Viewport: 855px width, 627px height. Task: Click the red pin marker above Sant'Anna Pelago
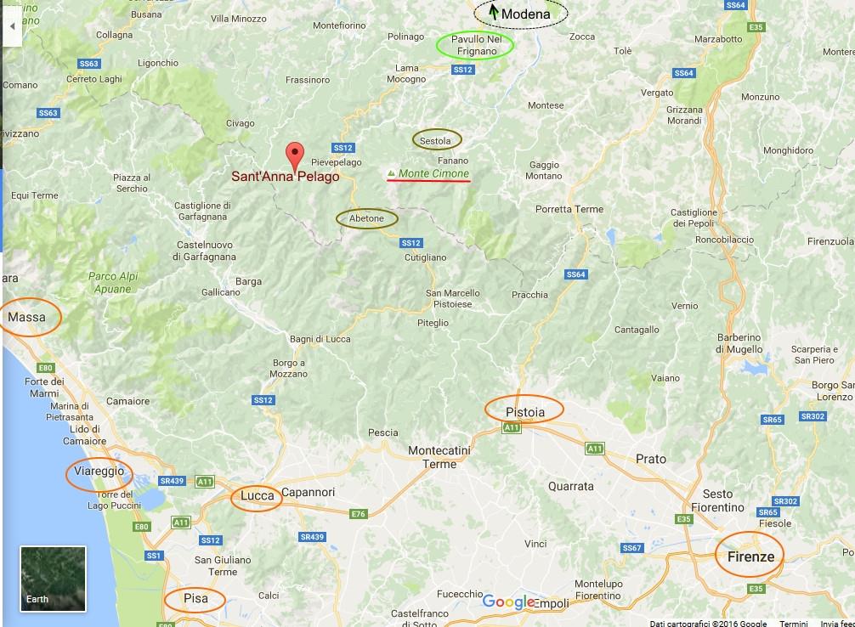click(x=294, y=155)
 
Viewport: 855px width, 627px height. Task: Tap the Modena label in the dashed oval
click(x=524, y=14)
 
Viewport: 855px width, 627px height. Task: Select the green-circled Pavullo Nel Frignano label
click(x=475, y=46)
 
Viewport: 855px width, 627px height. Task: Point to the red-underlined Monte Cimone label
click(x=433, y=173)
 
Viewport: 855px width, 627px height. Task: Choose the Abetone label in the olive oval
click(x=367, y=219)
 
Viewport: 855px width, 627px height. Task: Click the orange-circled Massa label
click(x=26, y=318)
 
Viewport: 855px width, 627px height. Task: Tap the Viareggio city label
click(x=99, y=472)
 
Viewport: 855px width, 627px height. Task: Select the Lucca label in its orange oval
click(x=257, y=495)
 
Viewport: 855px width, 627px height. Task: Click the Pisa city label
click(x=195, y=598)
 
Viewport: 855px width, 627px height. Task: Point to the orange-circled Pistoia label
click(x=524, y=412)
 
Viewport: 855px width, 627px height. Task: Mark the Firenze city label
click(x=750, y=556)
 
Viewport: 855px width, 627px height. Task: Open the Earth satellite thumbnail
click(x=53, y=578)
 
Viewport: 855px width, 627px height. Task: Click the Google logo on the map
click(x=508, y=602)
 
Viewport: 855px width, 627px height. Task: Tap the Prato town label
click(x=651, y=459)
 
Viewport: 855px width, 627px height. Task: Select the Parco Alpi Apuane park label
click(x=110, y=283)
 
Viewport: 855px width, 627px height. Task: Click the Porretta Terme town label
click(x=569, y=209)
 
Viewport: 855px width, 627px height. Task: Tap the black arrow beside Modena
click(x=493, y=13)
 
